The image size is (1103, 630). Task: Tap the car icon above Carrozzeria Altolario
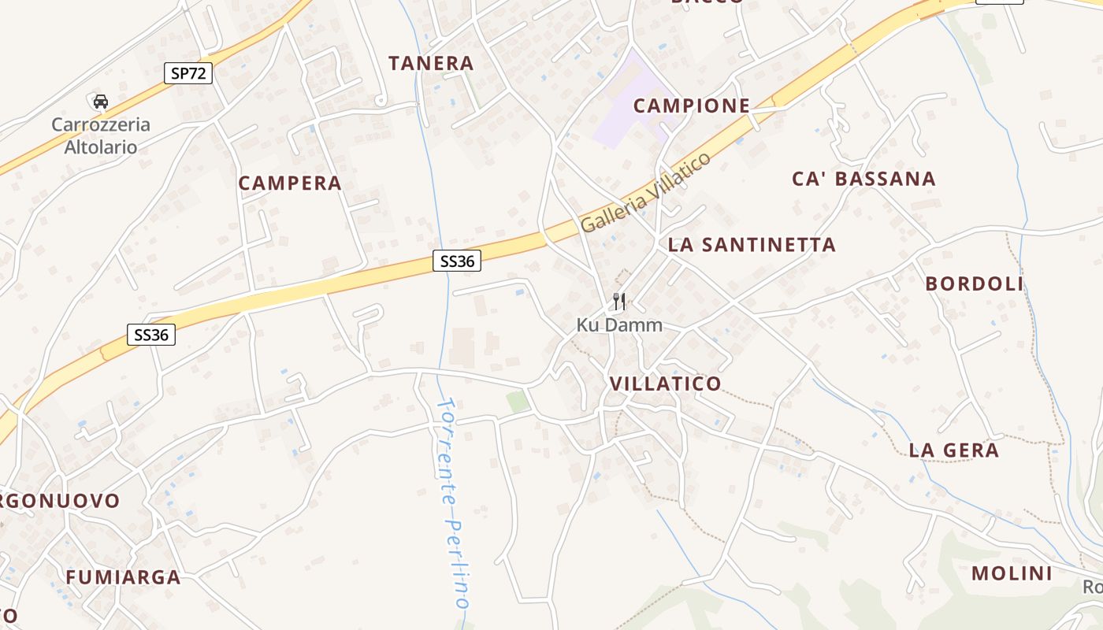101,102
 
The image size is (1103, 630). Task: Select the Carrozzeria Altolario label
100,135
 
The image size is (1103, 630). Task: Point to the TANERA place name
431,63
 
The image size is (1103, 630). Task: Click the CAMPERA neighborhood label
290,183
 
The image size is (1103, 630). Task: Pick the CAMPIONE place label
691,106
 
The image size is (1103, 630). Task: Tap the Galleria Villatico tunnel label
646,191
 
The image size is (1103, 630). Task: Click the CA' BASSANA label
863,179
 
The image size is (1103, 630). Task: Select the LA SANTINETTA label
752,245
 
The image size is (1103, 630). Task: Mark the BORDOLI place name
974,283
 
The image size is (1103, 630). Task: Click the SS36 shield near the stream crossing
457,261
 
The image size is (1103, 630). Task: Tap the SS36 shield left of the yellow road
151,335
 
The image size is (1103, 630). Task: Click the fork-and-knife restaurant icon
619,301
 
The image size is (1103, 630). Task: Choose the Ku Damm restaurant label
619,324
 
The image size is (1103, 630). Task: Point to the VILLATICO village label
665,384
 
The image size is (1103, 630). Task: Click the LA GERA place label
953,450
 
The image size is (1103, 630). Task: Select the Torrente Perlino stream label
454,504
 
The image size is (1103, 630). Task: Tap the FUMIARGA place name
123,577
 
